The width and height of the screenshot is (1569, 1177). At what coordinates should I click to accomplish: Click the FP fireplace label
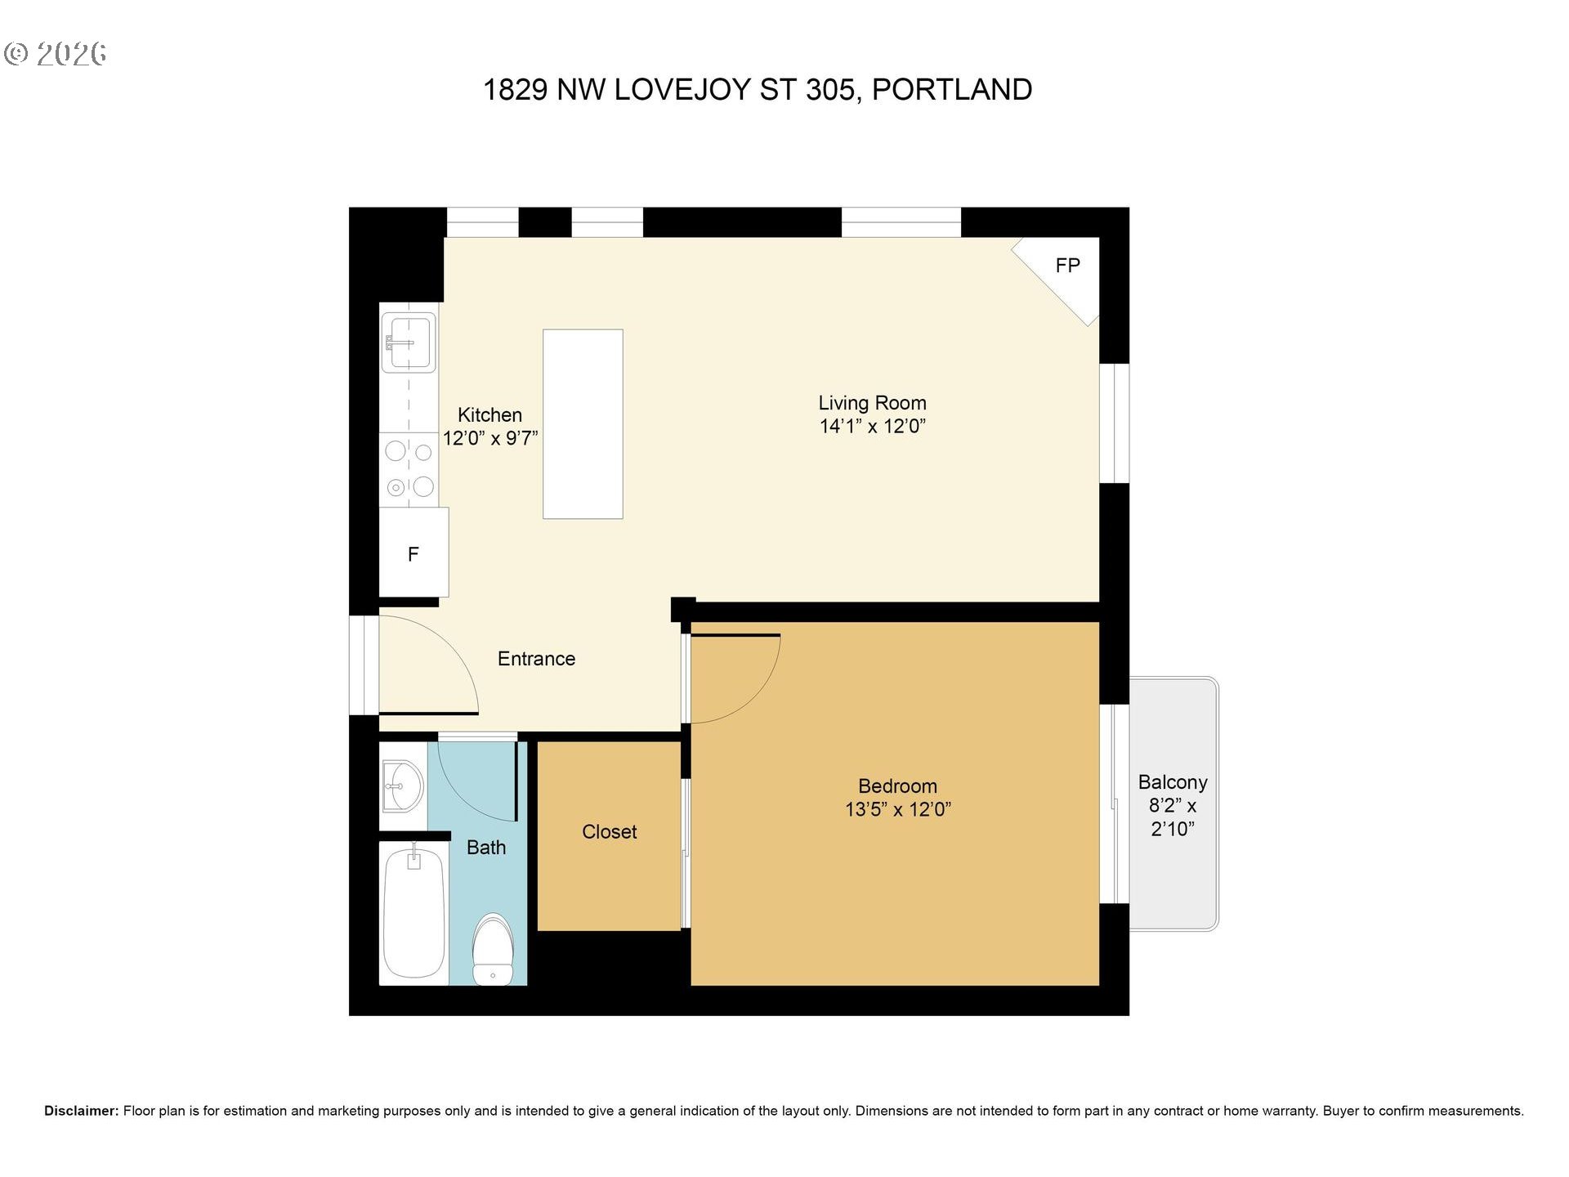pyautogui.click(x=1067, y=266)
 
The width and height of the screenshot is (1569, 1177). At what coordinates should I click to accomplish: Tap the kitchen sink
pyautogui.click(x=409, y=342)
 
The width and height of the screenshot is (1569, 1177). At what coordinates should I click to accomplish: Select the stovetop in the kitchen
pyautogui.click(x=409, y=469)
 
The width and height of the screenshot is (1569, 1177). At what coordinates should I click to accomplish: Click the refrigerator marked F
pyautogui.click(x=413, y=553)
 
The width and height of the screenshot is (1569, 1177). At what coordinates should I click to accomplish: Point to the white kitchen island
pyautogui.click(x=583, y=423)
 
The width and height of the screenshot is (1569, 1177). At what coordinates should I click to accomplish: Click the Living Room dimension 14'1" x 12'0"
pyautogui.click(x=872, y=426)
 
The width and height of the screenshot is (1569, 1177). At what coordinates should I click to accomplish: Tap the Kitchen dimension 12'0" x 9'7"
pyautogui.click(x=490, y=438)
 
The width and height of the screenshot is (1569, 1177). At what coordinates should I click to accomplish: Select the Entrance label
pyautogui.click(x=536, y=659)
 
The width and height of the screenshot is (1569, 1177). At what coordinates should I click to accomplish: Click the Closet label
pyautogui.click(x=609, y=832)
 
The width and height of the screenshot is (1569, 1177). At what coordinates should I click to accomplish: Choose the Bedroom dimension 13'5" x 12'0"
pyautogui.click(x=897, y=809)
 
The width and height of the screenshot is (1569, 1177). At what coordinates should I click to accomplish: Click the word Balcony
pyautogui.click(x=1172, y=782)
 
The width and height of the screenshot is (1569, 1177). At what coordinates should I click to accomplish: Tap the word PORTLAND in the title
pyautogui.click(x=952, y=90)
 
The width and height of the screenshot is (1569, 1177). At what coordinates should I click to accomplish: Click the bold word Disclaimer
pyautogui.click(x=81, y=1111)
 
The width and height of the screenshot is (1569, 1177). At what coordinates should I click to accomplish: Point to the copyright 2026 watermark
pyautogui.click(x=56, y=54)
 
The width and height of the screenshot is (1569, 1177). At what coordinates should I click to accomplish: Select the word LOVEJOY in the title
pyautogui.click(x=682, y=90)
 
